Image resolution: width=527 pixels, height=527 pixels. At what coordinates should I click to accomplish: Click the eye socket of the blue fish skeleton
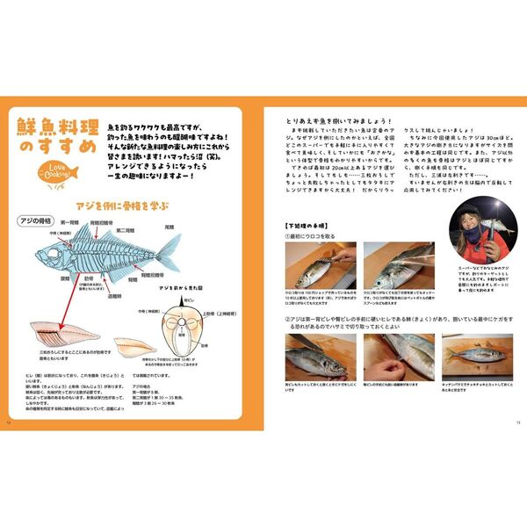click(48, 256)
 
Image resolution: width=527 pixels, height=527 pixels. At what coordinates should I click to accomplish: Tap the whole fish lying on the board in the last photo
click(473, 352)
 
